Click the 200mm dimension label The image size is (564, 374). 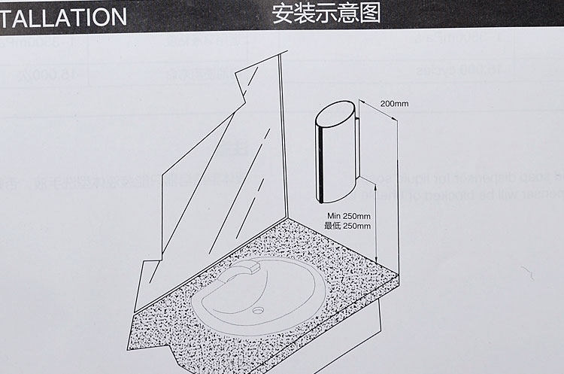(393, 103)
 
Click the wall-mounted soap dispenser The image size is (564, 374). (336, 154)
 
